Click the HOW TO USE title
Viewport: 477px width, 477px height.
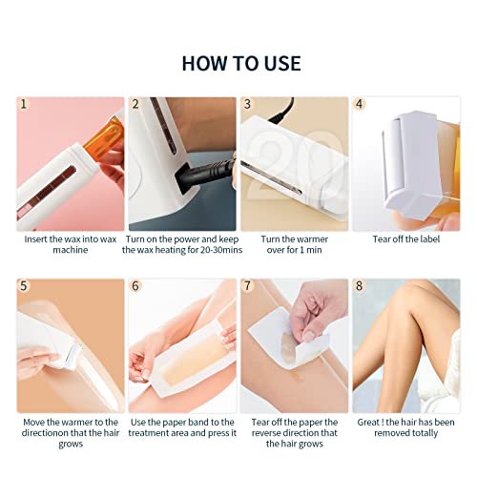pyautogui.click(x=240, y=64)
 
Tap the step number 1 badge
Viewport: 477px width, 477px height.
pyautogui.click(x=25, y=105)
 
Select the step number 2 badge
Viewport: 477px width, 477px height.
pyautogui.click(x=135, y=105)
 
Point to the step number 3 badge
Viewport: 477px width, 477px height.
pyautogui.click(x=248, y=105)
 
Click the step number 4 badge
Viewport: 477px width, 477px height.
pyautogui.click(x=360, y=105)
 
